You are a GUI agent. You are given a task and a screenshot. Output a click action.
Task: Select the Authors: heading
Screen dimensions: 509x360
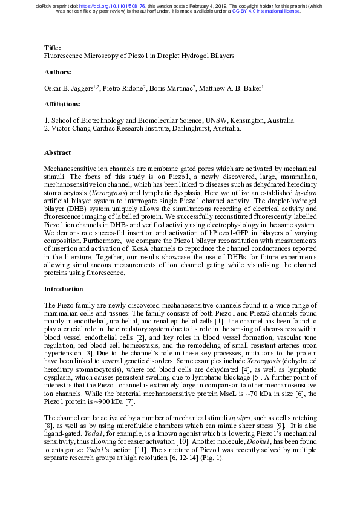click(x=59, y=72)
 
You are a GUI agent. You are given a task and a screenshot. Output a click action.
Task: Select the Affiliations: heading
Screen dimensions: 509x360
click(x=64, y=105)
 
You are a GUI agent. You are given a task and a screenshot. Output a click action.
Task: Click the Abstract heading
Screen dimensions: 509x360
click(x=57, y=153)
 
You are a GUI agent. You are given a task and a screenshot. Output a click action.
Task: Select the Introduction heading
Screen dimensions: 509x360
click(x=64, y=289)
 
